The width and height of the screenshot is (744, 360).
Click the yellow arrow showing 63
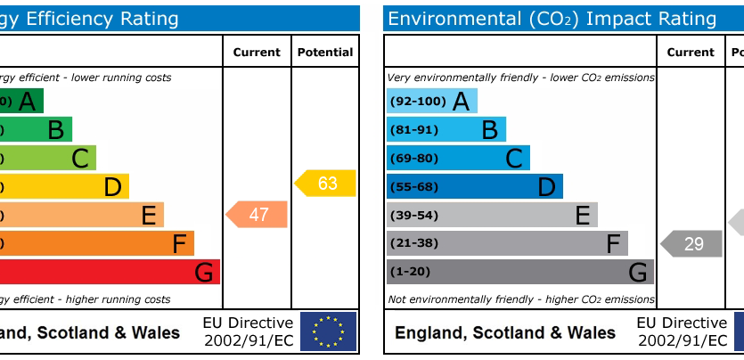pyautogui.click(x=326, y=184)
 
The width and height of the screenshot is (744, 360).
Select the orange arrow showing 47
pyautogui.click(x=258, y=215)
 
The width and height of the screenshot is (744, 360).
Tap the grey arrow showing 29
pyautogui.click(x=691, y=243)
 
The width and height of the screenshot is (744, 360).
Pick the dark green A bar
pyautogui.click(x=21, y=102)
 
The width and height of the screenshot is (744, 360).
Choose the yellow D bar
pyautogui.click(x=64, y=186)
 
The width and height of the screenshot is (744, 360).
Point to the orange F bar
pyautogui.click(x=96, y=243)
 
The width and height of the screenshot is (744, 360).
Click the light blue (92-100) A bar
pyautogui.click(x=432, y=102)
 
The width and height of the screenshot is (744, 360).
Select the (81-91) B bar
pyautogui.click(x=446, y=130)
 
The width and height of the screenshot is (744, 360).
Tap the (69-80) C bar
pyautogui.click(x=458, y=159)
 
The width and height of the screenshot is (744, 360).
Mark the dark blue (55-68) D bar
pyautogui.click(x=475, y=186)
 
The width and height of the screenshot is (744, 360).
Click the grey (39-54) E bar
pyautogui.click(x=492, y=215)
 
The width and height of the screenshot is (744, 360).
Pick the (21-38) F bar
pyautogui.click(x=507, y=243)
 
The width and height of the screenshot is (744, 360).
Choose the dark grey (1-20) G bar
pyautogui.click(x=520, y=272)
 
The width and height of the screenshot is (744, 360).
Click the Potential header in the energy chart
pyautogui.click(x=325, y=53)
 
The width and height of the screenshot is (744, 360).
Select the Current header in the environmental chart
pyautogui.click(x=691, y=53)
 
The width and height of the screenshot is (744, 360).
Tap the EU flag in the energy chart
pyautogui.click(x=328, y=331)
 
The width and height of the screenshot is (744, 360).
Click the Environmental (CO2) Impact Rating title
pyautogui.click(x=552, y=19)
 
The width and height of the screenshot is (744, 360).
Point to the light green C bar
pyautogui.click(x=48, y=159)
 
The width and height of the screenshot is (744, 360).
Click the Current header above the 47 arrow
pyautogui.click(x=257, y=53)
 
